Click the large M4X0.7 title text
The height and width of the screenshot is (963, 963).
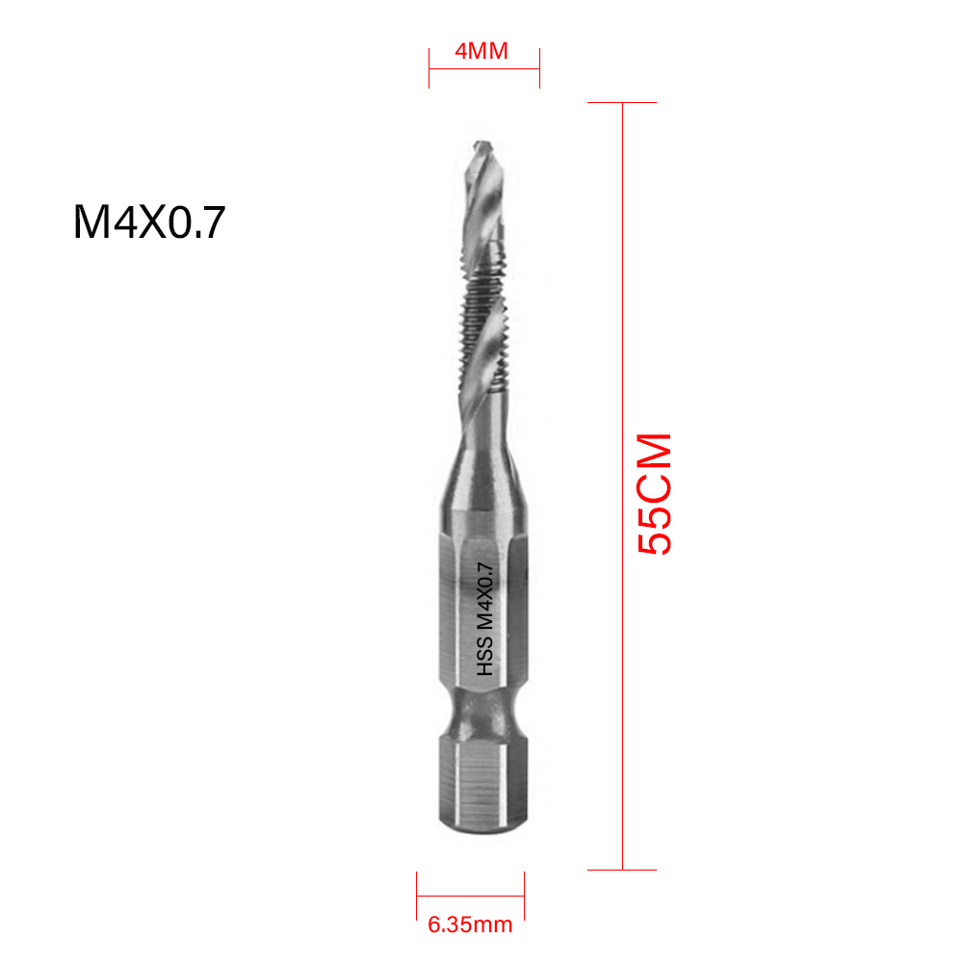click(148, 222)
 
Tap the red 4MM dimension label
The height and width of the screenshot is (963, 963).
click(481, 51)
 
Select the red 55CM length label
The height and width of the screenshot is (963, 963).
click(655, 494)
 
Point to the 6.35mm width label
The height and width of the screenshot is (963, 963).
click(470, 925)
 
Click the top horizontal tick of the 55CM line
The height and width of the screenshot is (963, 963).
click(622, 102)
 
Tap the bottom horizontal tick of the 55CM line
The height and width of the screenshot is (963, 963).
click(622, 870)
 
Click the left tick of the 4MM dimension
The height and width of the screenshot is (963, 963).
click(429, 67)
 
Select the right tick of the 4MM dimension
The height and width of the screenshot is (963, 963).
click(539, 67)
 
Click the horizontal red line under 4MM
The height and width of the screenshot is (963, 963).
click(484, 68)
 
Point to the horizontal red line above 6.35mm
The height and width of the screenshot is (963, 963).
click(470, 896)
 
